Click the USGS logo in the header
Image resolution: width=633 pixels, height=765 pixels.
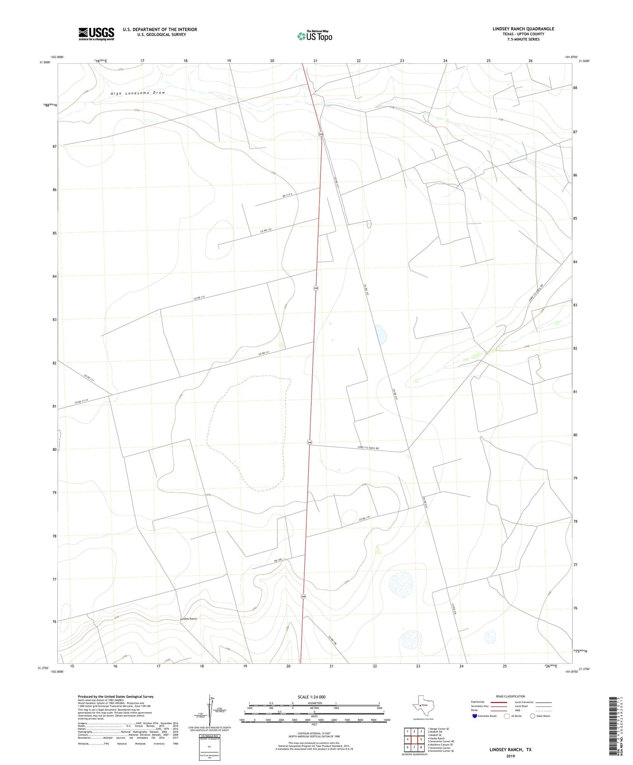tap(96, 34)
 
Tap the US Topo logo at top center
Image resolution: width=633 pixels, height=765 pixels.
tap(315, 36)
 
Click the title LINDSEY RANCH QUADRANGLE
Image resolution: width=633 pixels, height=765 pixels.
tap(523, 29)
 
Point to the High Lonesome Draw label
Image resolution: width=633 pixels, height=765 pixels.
tap(138, 93)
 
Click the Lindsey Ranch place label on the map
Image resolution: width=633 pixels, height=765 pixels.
tap(189, 619)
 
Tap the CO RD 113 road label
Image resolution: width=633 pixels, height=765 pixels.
tap(199, 298)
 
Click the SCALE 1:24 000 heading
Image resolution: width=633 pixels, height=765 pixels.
tap(311, 697)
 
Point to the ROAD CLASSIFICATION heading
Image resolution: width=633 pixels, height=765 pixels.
tap(511, 696)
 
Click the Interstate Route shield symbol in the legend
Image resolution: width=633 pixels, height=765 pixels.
tap(475, 716)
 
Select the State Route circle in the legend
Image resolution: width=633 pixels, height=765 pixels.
tap(533, 716)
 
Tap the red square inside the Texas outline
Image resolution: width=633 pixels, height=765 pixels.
tap(420, 705)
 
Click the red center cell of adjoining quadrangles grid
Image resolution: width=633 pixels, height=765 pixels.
tap(414, 739)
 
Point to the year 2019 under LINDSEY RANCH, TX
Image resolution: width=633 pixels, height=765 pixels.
tap(510, 756)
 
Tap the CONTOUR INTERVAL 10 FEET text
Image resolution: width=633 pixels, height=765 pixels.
tap(314, 733)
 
